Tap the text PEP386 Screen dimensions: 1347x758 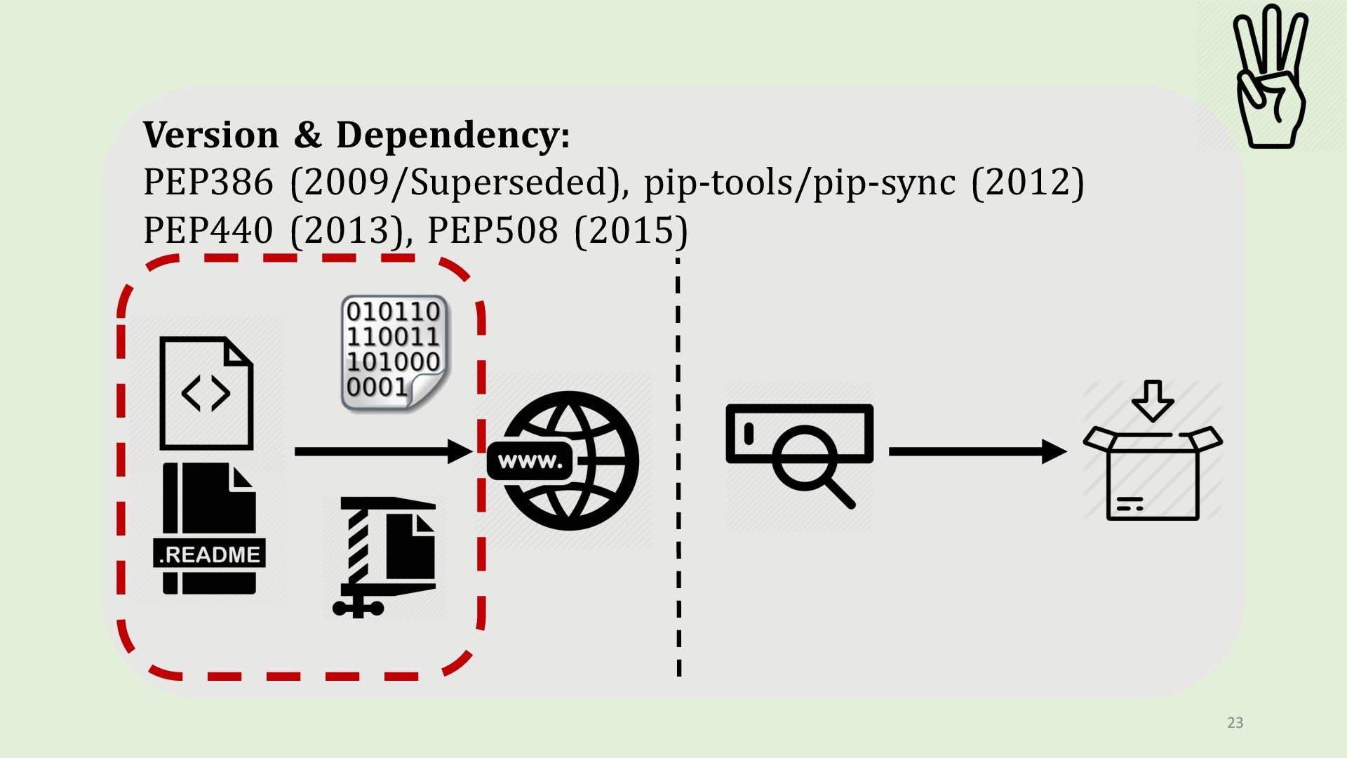click(x=208, y=182)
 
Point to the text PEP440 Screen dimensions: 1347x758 click(x=208, y=230)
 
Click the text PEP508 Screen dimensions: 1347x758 click(x=492, y=230)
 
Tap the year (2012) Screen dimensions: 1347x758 click(x=1028, y=182)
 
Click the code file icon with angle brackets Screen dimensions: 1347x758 click(x=206, y=393)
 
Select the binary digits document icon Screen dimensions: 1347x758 click(x=394, y=353)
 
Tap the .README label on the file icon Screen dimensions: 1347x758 click(x=209, y=554)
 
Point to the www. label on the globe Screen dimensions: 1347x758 click(x=530, y=461)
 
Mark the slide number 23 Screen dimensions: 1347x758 click(x=1235, y=723)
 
